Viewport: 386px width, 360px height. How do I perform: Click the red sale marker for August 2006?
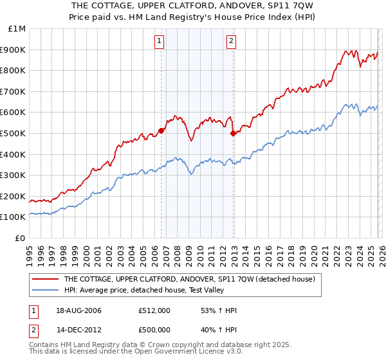coord(161,130)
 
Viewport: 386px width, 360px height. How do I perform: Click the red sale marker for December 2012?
coord(233,133)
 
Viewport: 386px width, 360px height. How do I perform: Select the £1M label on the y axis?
coord(17,28)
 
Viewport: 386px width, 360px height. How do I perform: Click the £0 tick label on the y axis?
coord(21,238)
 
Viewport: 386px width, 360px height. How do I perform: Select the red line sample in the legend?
coord(46,280)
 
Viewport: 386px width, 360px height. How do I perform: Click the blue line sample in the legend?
coord(46,291)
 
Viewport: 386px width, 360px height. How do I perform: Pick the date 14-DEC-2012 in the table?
coord(78,331)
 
